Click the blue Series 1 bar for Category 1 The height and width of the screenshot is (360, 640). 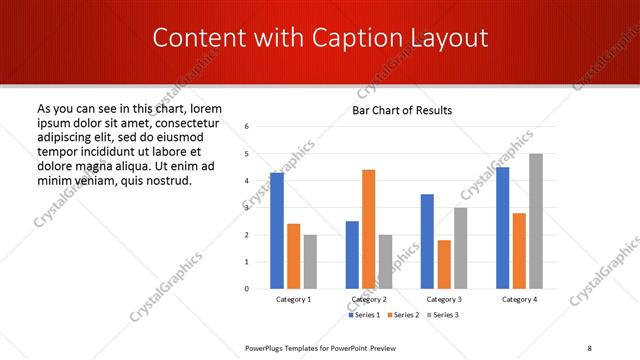click(x=277, y=231)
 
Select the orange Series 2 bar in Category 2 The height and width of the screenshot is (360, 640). click(x=369, y=229)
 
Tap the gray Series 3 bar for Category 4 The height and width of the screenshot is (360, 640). click(x=536, y=221)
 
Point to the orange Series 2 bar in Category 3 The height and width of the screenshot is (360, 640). click(x=444, y=264)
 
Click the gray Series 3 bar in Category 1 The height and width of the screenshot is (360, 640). click(x=310, y=262)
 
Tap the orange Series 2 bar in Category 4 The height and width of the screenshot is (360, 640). click(x=519, y=251)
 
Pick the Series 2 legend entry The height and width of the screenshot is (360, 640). click(x=402, y=315)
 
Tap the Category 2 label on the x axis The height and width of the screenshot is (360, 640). click(x=368, y=300)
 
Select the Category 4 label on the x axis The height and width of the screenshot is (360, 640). click(x=518, y=300)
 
